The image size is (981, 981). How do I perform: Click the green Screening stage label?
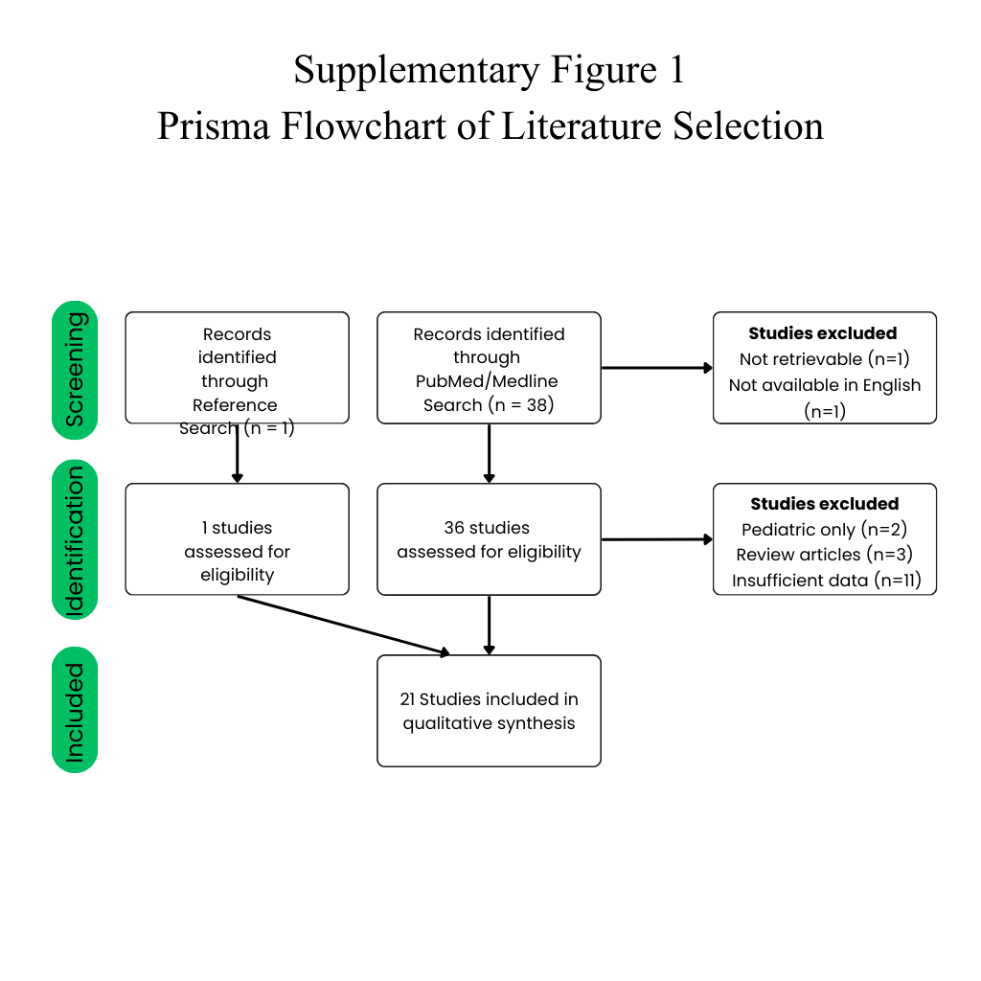coord(75,370)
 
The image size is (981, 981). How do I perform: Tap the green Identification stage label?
coord(75,540)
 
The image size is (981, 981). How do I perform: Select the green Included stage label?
coord(75,710)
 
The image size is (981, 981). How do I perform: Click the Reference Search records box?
coord(238,368)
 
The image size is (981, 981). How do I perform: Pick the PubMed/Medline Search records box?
coord(490,368)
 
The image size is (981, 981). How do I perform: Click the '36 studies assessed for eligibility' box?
coord(490,539)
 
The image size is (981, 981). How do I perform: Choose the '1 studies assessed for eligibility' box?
coord(238,539)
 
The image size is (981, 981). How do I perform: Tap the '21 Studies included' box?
coord(490,711)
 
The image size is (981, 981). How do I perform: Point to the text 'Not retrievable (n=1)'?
coord(825,359)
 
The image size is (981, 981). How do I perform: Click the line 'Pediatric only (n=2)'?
coord(825,529)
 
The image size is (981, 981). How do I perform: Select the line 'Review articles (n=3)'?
coord(825,555)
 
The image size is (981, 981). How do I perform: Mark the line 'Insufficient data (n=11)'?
coord(827,581)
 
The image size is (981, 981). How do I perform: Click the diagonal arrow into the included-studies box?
coord(344,625)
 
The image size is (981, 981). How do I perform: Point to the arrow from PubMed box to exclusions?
coord(657,368)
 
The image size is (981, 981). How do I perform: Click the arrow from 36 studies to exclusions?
coord(657,539)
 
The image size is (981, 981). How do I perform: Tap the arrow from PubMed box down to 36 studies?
coord(490,453)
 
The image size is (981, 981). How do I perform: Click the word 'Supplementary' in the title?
coord(416,70)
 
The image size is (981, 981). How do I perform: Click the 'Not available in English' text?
coord(825,385)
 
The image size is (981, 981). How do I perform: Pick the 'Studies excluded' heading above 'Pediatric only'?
coord(825,504)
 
